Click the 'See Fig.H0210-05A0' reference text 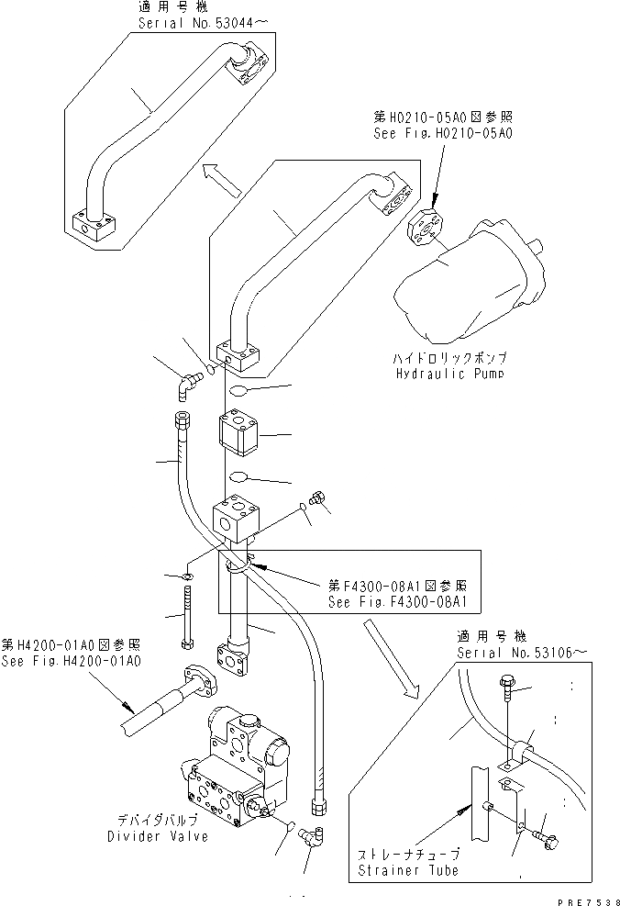pos(444,133)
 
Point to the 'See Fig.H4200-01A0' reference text pos(72,661)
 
